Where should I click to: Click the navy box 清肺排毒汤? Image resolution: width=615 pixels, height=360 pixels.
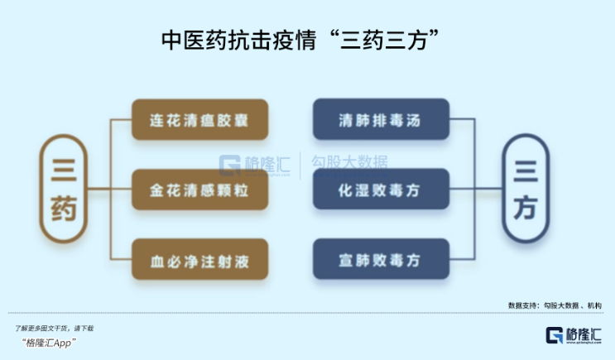point(381,119)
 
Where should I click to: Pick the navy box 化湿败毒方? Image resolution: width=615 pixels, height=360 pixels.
point(381,190)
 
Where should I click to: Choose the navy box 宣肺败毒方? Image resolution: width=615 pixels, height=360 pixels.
point(381,261)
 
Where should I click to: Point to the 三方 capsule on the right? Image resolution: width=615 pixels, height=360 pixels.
point(526,190)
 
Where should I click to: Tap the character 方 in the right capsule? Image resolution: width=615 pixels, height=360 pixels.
point(526,209)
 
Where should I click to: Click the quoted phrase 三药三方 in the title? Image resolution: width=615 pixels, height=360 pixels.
point(388,39)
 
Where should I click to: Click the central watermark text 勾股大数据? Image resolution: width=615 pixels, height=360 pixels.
point(348,163)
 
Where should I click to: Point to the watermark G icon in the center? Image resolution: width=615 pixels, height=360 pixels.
point(230,164)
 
